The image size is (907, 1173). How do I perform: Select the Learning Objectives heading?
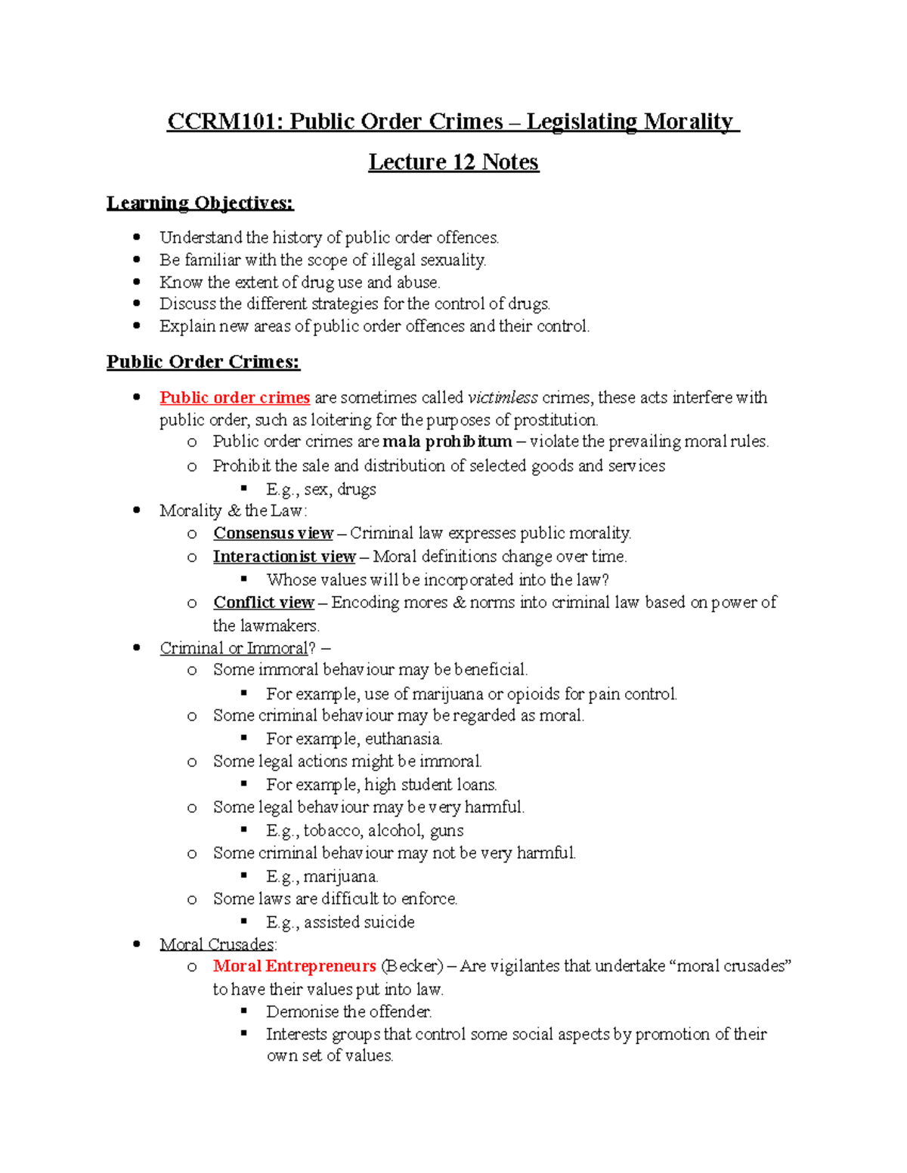pos(200,203)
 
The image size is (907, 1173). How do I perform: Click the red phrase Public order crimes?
pos(234,398)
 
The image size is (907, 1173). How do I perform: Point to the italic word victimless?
pos(503,398)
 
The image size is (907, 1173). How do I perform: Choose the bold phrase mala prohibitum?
pos(447,442)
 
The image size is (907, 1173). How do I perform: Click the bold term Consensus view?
pos(273,533)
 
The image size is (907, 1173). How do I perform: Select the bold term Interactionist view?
pos(284,557)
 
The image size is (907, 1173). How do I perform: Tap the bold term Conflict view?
pos(264,603)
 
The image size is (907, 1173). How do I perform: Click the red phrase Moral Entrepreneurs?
pos(294,966)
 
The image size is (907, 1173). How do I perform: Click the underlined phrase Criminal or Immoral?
pos(234,648)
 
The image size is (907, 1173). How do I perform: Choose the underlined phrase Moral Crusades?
pos(217,944)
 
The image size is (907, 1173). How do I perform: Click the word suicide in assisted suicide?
pos(389,922)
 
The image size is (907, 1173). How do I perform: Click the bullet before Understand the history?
pos(137,237)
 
